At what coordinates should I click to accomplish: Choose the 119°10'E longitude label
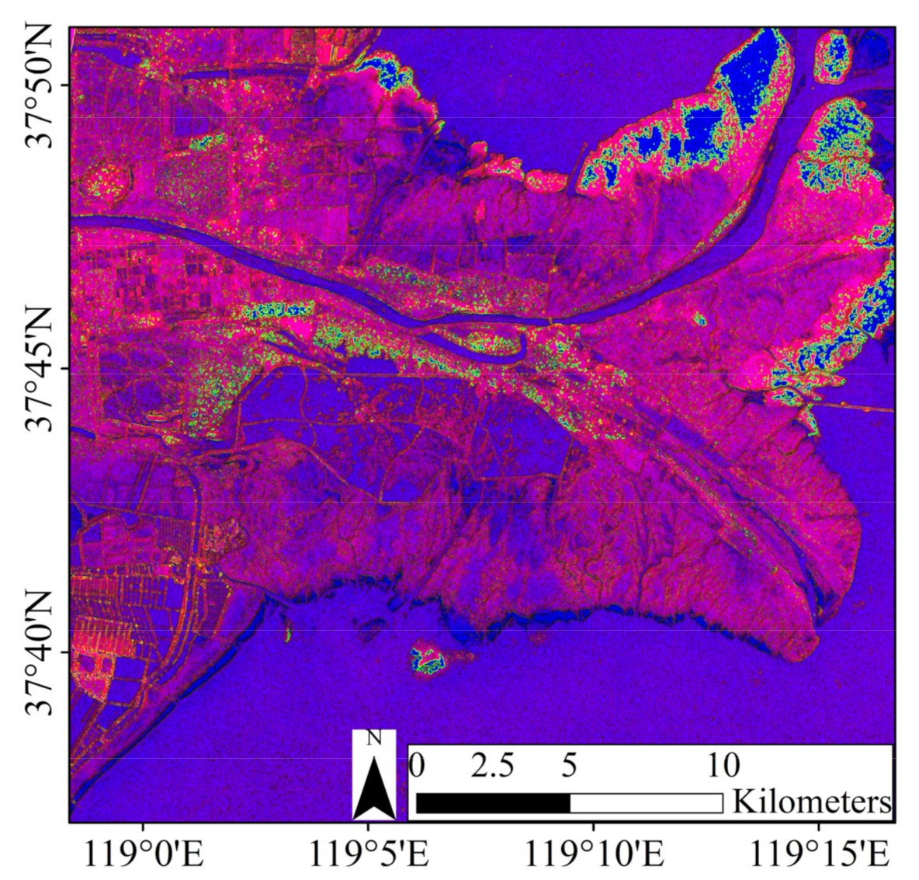click(x=594, y=856)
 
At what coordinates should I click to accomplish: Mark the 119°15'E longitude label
click(x=820, y=856)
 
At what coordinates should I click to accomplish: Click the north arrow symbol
click(x=373, y=788)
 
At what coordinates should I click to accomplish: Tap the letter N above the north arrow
click(x=373, y=739)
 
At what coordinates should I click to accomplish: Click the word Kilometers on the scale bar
click(x=811, y=801)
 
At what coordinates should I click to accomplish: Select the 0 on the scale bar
click(x=417, y=766)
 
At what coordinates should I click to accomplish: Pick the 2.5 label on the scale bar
click(x=493, y=766)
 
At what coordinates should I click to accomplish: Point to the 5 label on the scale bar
click(x=570, y=766)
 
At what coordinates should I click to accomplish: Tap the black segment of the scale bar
click(x=493, y=802)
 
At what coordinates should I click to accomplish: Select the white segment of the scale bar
click(x=647, y=802)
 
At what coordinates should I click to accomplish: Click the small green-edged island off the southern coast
click(x=428, y=661)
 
